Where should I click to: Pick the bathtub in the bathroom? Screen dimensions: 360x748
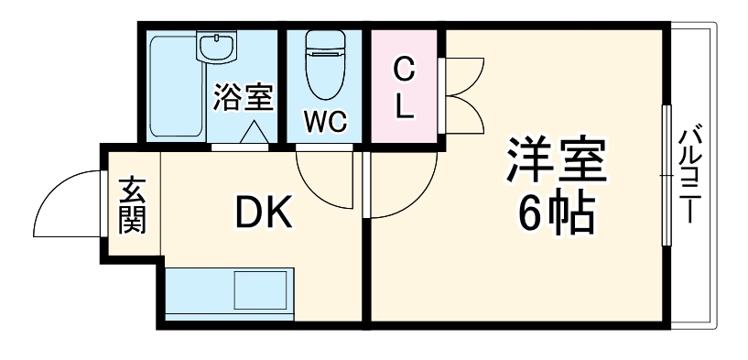[174, 87]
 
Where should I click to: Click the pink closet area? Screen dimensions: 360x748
[405, 115]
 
